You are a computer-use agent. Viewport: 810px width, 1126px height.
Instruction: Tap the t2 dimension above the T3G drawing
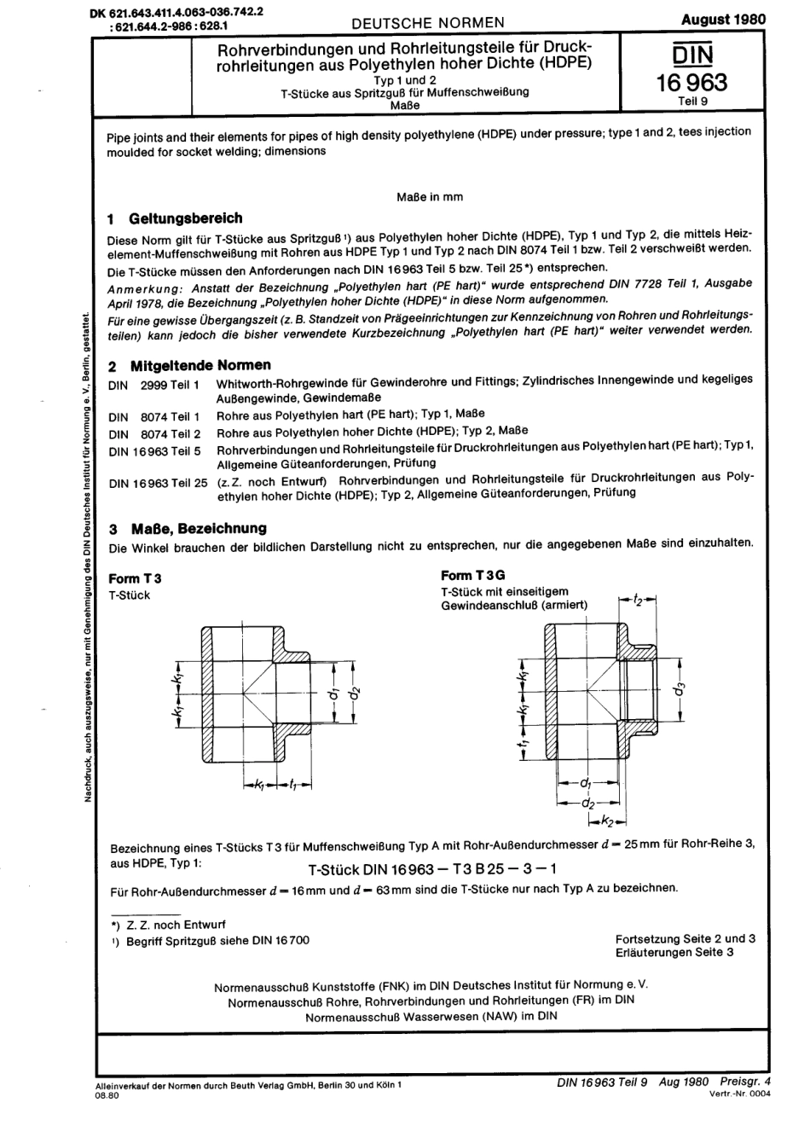pyautogui.click(x=639, y=601)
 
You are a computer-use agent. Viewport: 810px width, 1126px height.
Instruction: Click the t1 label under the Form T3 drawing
pyautogui.click(x=292, y=783)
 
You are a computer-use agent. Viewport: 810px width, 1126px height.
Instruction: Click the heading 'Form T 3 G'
pyautogui.click(x=473, y=575)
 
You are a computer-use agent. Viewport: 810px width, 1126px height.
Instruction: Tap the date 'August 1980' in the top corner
pyautogui.click(x=724, y=19)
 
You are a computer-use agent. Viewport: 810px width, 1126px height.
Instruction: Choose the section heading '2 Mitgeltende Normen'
pyautogui.click(x=189, y=365)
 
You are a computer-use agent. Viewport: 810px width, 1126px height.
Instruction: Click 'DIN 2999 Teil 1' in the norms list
pyautogui.click(x=154, y=385)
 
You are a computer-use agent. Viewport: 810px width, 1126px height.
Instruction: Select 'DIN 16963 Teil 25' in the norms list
pyautogui.click(x=159, y=483)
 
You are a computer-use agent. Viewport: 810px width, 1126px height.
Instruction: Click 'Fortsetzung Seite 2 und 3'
pyautogui.click(x=686, y=938)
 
